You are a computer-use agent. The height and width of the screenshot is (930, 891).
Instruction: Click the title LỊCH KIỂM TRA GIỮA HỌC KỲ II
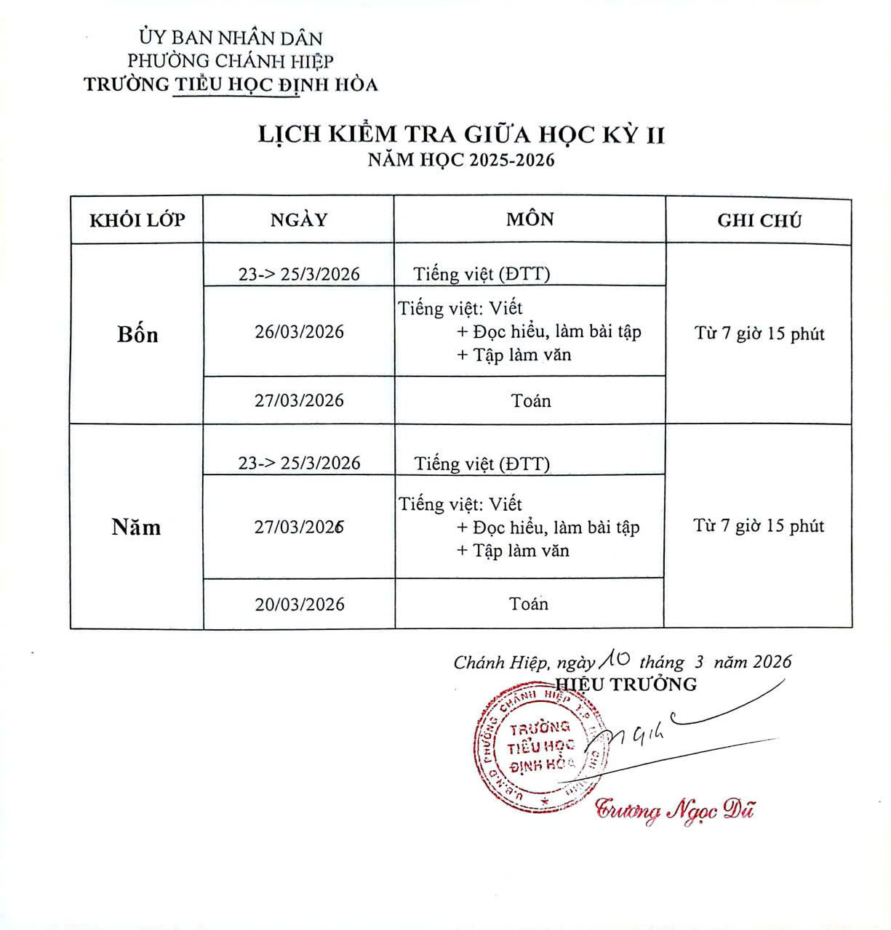pyautogui.click(x=461, y=135)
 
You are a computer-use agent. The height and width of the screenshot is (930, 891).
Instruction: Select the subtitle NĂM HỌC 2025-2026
pyautogui.click(x=461, y=160)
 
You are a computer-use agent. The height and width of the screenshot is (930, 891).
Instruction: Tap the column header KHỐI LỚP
pyautogui.click(x=137, y=220)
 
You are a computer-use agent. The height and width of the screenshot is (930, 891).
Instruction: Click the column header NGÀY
pyautogui.click(x=299, y=220)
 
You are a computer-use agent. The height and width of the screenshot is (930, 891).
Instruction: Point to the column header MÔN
pyautogui.click(x=530, y=219)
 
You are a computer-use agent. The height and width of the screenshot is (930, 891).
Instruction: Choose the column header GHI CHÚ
pyautogui.click(x=759, y=221)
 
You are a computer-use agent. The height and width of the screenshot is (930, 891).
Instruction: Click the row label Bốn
pyautogui.click(x=137, y=334)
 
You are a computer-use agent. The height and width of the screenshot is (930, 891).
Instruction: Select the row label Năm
pyautogui.click(x=136, y=527)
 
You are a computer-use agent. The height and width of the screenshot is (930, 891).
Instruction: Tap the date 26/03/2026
pyautogui.click(x=299, y=332)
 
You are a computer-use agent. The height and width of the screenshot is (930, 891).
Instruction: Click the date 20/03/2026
pyautogui.click(x=300, y=604)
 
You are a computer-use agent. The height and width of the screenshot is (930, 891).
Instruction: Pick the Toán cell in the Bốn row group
pyautogui.click(x=531, y=401)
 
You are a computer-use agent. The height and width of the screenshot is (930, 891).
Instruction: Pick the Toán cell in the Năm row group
pyautogui.click(x=529, y=604)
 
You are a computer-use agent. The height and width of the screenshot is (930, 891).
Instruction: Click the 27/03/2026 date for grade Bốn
pyautogui.click(x=299, y=400)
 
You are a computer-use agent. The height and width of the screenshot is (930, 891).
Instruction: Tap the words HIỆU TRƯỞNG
pyautogui.click(x=626, y=684)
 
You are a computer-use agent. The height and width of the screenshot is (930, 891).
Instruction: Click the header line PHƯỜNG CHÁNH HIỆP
pyautogui.click(x=231, y=61)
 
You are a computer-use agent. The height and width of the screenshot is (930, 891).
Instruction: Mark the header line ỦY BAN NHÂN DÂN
pyautogui.click(x=231, y=38)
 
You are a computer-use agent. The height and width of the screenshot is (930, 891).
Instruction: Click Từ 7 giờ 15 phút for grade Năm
pyautogui.click(x=759, y=526)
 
